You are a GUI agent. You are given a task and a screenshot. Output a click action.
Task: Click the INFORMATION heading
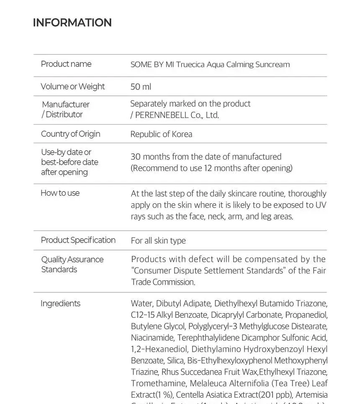pyautogui.click(x=72, y=23)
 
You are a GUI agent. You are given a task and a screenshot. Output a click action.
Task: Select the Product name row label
pyautogui.click(x=66, y=64)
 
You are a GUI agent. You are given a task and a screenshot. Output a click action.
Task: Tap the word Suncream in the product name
pyautogui.click(x=273, y=64)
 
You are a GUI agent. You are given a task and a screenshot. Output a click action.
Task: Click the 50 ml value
pyautogui.click(x=141, y=87)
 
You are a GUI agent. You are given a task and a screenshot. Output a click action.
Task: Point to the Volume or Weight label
pyautogui.click(x=72, y=87)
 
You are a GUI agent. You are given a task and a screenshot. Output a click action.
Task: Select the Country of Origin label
pyautogui.click(x=70, y=134)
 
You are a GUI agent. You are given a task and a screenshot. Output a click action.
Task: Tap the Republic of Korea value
pyautogui.click(x=161, y=134)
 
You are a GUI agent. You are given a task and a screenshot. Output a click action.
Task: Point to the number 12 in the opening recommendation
pyautogui.click(x=208, y=168)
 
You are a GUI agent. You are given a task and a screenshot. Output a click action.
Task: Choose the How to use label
pyautogui.click(x=60, y=193)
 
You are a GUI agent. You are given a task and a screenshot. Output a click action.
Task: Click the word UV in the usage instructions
pyautogui.click(x=321, y=205)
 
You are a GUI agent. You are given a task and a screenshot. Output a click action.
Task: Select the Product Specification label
pyautogui.click(x=78, y=240)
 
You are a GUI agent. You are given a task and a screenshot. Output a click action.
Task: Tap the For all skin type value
pyautogui.click(x=158, y=240)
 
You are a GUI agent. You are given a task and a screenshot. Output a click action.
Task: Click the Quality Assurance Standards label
pyautogui.click(x=72, y=264)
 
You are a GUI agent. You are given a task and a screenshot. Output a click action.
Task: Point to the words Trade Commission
pyautogui.click(x=163, y=282)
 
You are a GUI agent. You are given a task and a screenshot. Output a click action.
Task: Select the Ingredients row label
pyautogui.click(x=60, y=303)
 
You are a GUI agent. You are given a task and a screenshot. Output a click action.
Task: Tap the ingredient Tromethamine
pyautogui.click(x=159, y=383)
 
